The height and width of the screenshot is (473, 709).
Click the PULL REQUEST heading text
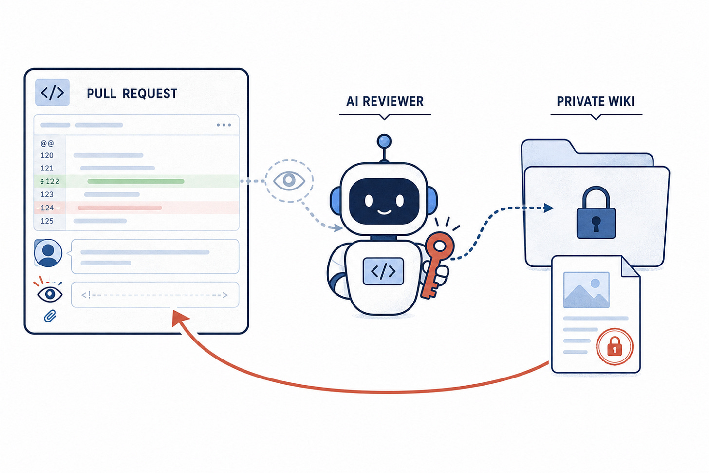(x=131, y=94)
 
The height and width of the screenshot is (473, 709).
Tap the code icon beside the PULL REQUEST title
(x=52, y=93)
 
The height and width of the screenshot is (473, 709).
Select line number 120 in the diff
(x=47, y=155)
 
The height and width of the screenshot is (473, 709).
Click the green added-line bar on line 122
(x=136, y=181)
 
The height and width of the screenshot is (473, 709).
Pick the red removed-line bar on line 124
(x=120, y=208)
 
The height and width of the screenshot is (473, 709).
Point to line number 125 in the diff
(x=47, y=221)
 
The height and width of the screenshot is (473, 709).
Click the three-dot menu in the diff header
(x=224, y=125)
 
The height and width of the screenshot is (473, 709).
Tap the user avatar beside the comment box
(x=48, y=253)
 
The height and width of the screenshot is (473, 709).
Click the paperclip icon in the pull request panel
(x=50, y=316)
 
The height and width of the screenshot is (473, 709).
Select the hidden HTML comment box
(x=155, y=295)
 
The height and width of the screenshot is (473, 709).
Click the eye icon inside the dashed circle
(x=289, y=180)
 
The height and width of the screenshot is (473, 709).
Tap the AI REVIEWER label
(x=385, y=102)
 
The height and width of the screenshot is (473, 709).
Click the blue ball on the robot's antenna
(x=384, y=141)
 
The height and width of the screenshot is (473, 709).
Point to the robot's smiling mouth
(x=384, y=212)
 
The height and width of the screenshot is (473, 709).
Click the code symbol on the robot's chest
(x=383, y=271)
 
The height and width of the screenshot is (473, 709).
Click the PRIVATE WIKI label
(x=596, y=102)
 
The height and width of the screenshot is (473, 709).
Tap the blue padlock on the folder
(x=596, y=212)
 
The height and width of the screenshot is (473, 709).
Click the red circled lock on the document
(x=615, y=347)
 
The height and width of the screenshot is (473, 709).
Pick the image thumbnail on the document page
(x=586, y=290)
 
